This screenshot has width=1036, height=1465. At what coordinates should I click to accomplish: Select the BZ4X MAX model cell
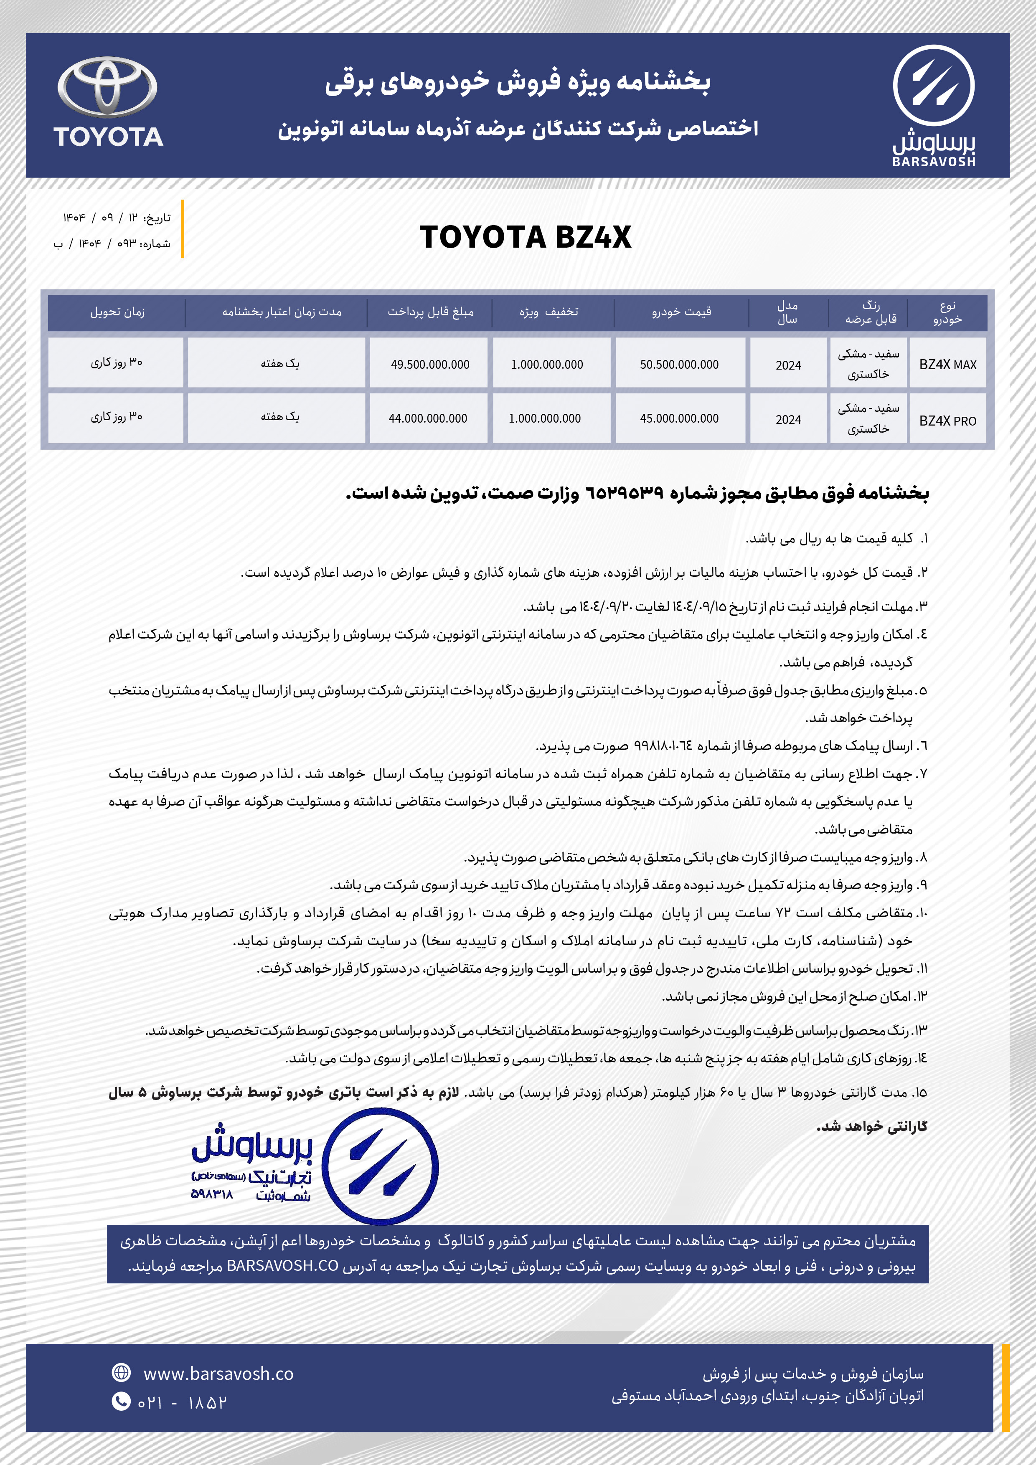pos(947,364)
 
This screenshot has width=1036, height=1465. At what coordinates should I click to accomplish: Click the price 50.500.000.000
pos(679,364)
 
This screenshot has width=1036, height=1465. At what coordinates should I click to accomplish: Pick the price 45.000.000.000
pos(679,418)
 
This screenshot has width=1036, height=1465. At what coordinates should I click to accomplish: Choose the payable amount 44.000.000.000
pos(428,418)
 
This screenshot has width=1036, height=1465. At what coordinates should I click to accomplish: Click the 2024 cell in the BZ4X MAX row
pos(788,365)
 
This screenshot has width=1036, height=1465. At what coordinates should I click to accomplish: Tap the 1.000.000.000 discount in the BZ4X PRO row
pos(544,418)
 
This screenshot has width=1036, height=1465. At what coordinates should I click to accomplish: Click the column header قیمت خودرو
pos(681,312)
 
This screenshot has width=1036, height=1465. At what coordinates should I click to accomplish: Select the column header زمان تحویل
pos(117,312)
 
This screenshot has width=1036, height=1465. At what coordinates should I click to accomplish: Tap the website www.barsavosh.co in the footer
pos(218,1374)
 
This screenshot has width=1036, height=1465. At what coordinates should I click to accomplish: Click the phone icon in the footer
pos(121,1401)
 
